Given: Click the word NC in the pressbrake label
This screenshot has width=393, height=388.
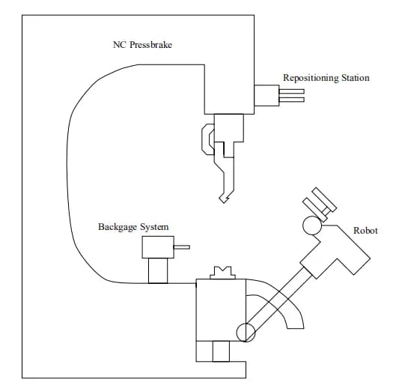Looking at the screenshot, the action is pyautogui.click(x=119, y=45).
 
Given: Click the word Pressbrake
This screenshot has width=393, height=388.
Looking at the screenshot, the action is pyautogui.click(x=151, y=45).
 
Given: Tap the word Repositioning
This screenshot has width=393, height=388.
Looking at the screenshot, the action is pyautogui.click(x=311, y=78).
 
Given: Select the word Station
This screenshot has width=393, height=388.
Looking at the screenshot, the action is pyautogui.click(x=356, y=78).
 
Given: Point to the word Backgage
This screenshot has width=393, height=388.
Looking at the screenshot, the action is pyautogui.click(x=118, y=227).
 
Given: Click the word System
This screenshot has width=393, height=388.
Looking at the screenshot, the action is pyautogui.click(x=154, y=227).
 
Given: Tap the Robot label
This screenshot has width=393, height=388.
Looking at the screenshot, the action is pyautogui.click(x=365, y=231).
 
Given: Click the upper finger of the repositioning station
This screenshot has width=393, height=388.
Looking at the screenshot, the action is pyautogui.click(x=292, y=91).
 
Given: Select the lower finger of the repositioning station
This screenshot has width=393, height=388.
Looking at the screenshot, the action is pyautogui.click(x=292, y=100).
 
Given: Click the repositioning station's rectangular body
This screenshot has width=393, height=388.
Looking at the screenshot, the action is pyautogui.click(x=266, y=96).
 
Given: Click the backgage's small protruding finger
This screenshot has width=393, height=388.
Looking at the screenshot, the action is pyautogui.click(x=182, y=247).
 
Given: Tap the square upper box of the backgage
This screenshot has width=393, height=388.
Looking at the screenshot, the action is pyautogui.click(x=158, y=247).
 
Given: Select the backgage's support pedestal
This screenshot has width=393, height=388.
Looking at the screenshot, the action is pyautogui.click(x=158, y=271).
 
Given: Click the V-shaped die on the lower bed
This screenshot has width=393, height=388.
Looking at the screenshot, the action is pyautogui.click(x=222, y=273).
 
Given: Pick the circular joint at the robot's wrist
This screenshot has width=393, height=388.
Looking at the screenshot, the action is pyautogui.click(x=312, y=225).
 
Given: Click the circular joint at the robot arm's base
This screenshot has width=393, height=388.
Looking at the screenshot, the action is pyautogui.click(x=246, y=333).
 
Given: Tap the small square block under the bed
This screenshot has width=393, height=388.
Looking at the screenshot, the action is pyautogui.click(x=221, y=351).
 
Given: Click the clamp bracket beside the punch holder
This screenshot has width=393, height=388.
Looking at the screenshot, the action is pyautogui.click(x=208, y=139).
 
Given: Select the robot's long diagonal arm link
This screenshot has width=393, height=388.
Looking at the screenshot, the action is pyautogui.click(x=278, y=304).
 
